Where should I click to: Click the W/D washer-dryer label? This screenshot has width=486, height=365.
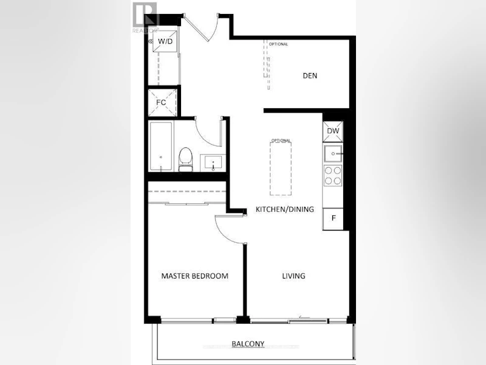[165, 41]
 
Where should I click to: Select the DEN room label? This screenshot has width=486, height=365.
[310, 75]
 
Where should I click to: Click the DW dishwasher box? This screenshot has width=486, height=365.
[333, 131]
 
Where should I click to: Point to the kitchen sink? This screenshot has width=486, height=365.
[333, 154]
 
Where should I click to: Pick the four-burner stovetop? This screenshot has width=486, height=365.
[333, 175]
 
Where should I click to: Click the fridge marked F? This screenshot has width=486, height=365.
[333, 218]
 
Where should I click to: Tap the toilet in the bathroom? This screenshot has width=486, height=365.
[186, 159]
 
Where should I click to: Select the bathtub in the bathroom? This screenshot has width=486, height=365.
[161, 147]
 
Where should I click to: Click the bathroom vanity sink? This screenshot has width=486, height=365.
[213, 162]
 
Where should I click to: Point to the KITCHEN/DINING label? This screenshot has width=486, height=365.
[284, 209]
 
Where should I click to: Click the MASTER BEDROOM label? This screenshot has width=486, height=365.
[194, 276]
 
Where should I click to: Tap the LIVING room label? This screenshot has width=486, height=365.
[293, 276]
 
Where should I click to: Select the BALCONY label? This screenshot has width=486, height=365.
[248, 344]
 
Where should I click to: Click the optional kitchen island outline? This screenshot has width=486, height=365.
[281, 169]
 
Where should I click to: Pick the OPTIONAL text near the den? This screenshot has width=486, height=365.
[278, 44]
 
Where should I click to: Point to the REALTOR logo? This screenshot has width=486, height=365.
[146, 17]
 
